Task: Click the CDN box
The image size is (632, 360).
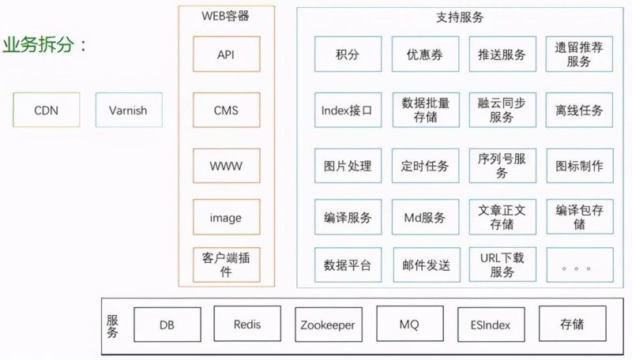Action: pos(46,111)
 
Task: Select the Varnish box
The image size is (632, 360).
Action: pos(129,111)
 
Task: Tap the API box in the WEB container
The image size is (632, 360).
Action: pos(226,54)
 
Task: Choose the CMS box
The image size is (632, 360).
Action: pos(226,111)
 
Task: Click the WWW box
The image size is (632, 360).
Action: pos(226,167)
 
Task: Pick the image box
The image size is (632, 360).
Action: pos(226,217)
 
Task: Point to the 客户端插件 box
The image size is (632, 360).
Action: pos(226,264)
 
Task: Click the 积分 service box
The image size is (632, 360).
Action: pos(347,54)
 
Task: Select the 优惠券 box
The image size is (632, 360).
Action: pos(425,54)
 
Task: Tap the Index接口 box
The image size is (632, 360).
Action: pos(347,111)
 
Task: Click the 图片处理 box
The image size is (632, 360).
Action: pos(347,167)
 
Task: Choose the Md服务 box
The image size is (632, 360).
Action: pos(425,217)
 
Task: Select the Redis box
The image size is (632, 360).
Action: pos(247,324)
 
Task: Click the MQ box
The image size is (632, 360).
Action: pos(410,324)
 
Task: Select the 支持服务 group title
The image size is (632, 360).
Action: pos(460,17)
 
